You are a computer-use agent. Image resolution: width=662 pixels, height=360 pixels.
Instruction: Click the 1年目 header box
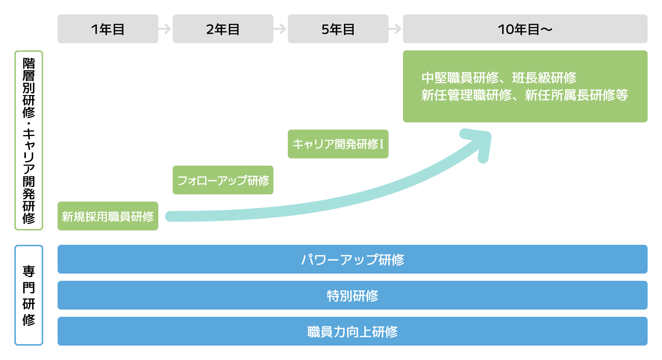108,29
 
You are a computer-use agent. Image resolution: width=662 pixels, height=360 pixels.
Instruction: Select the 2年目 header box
223,29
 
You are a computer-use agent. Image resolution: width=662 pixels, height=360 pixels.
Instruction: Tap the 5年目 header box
338,29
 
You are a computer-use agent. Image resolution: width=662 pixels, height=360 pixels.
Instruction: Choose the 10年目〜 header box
525,29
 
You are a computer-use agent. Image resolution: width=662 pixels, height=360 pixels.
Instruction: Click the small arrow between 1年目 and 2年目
165,29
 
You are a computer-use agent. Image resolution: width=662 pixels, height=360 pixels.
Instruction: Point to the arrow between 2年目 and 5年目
280,29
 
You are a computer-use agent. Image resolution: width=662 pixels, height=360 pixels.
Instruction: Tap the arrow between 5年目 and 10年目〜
395,29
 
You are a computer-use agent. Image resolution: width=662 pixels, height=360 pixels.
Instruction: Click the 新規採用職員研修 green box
108,216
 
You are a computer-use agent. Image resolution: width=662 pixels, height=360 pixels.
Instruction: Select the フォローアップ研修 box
223,180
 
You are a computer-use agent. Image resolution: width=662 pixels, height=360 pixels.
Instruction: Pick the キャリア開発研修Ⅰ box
338,144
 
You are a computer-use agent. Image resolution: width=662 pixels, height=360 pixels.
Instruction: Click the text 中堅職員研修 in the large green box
460,78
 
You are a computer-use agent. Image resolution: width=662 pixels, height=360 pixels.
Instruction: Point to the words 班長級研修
544,78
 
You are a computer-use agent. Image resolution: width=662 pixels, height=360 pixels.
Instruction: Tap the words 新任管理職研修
466,95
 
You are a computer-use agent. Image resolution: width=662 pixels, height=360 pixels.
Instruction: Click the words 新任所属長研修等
576,95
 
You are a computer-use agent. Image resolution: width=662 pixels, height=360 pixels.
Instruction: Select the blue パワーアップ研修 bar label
352,260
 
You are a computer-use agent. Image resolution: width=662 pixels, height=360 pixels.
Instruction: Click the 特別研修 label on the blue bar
352,296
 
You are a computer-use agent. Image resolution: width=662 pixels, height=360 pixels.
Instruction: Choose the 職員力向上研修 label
352,332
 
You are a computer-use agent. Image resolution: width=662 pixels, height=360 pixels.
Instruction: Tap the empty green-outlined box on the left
29,140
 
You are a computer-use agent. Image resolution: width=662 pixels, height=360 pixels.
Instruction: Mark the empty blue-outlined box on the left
29,295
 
